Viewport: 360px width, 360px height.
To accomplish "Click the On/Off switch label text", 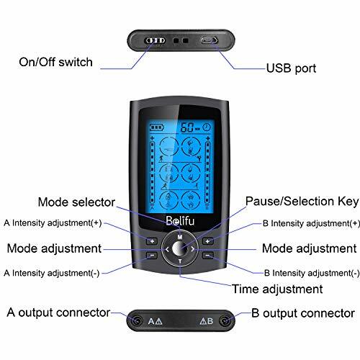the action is point(55,62).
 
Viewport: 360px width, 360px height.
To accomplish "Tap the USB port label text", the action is point(291,68).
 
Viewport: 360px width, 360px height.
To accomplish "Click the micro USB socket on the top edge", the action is point(209,40).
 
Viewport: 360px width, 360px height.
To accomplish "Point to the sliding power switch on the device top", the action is point(155,40).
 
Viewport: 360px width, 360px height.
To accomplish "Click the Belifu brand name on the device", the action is point(180,221).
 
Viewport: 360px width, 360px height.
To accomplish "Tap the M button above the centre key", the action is point(180,237).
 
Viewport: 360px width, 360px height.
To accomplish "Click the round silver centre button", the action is point(180,248).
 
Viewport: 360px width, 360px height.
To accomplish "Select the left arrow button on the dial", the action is point(167,249).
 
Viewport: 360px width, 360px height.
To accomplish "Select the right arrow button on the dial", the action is point(192,249).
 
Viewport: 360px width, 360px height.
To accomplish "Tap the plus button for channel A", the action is point(152,241).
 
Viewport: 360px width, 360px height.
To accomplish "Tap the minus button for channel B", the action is point(208,256).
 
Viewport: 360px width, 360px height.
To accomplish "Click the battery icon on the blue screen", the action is point(156,127).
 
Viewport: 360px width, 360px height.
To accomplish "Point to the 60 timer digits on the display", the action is point(186,127).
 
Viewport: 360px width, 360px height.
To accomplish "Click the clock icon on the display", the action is point(207,127).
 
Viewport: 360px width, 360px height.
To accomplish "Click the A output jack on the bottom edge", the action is point(137,320).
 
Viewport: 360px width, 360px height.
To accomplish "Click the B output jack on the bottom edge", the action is point(225,320).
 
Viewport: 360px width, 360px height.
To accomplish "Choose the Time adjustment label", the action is point(277,289).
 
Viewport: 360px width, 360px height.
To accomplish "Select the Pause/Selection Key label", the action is point(302,202).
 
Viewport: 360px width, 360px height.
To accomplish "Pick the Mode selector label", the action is point(76,202).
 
